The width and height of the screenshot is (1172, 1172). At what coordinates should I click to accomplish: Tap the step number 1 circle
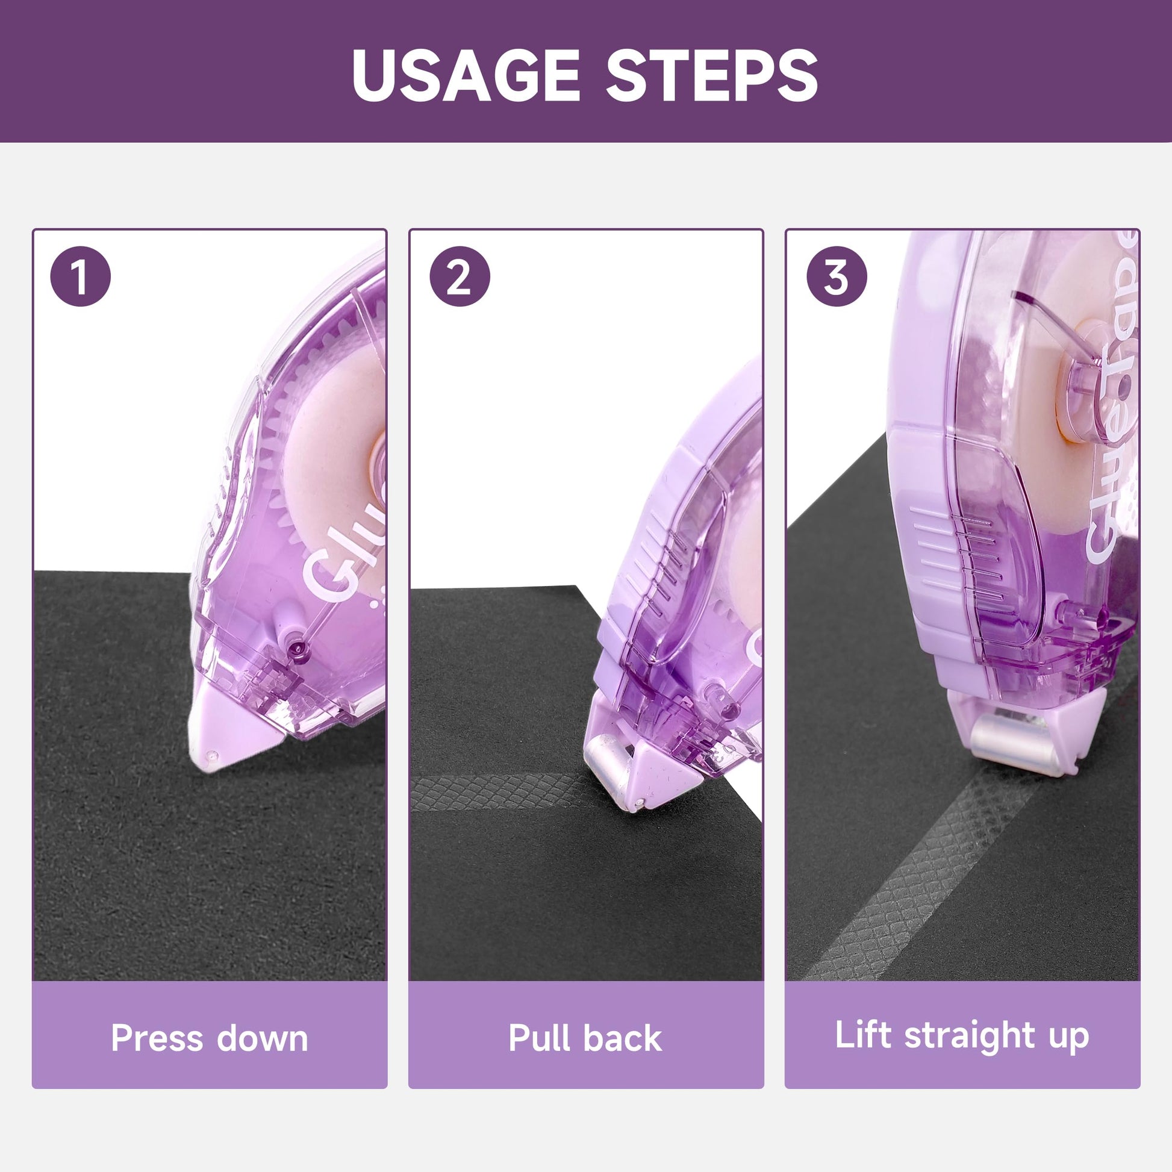click(x=81, y=277)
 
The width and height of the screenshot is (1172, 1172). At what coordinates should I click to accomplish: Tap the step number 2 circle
click(x=459, y=277)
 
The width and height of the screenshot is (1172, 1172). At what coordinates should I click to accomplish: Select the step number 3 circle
click(x=836, y=277)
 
